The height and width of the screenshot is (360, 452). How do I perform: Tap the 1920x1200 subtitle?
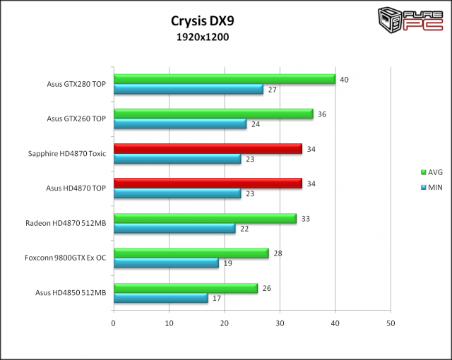click(x=203, y=37)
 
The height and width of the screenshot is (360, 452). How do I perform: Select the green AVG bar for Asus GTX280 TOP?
click(x=224, y=79)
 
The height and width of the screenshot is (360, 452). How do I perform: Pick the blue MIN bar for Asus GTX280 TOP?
click(x=188, y=90)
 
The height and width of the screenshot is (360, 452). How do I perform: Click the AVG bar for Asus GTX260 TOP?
click(x=213, y=114)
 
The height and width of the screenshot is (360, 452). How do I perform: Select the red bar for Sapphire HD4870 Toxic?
click(x=208, y=148)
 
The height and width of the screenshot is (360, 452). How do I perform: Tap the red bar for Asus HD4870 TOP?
click(x=208, y=184)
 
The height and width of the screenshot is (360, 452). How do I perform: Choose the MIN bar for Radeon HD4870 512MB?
click(x=174, y=229)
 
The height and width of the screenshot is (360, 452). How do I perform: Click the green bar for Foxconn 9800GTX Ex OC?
click(x=191, y=253)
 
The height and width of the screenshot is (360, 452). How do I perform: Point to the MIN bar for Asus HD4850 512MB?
click(x=160, y=298)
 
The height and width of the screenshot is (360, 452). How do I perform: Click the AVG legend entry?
click(x=430, y=172)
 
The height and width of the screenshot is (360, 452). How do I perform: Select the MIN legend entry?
click(x=430, y=186)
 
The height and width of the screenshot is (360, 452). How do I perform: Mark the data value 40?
click(x=344, y=80)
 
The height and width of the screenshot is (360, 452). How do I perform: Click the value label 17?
click(x=217, y=299)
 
